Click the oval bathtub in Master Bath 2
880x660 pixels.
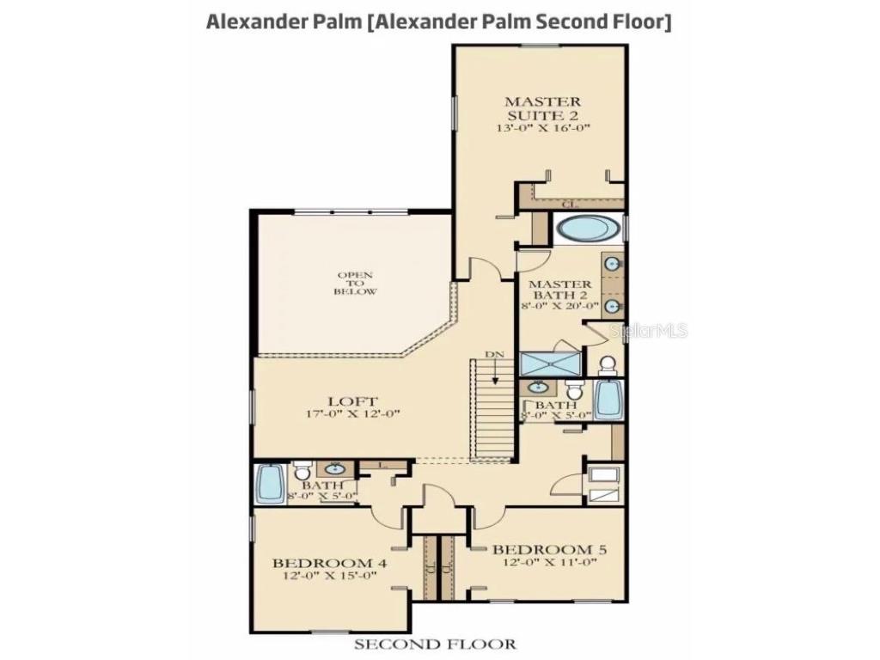tap(588, 229)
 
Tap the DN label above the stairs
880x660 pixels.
tap(494, 353)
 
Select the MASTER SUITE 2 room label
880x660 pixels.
tap(541, 107)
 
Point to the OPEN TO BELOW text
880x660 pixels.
tap(355, 284)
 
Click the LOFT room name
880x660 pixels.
tap(352, 400)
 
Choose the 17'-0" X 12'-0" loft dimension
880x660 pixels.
tap(352, 414)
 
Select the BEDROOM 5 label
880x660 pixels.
tap(542, 548)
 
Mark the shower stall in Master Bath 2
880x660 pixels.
tap(551, 364)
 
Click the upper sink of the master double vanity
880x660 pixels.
tap(613, 264)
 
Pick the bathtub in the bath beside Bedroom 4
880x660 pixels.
tap(269, 484)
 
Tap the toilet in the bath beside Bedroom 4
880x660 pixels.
tap(302, 472)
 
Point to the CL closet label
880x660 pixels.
tap(569, 204)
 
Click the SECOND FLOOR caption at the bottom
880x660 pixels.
tap(435, 644)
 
